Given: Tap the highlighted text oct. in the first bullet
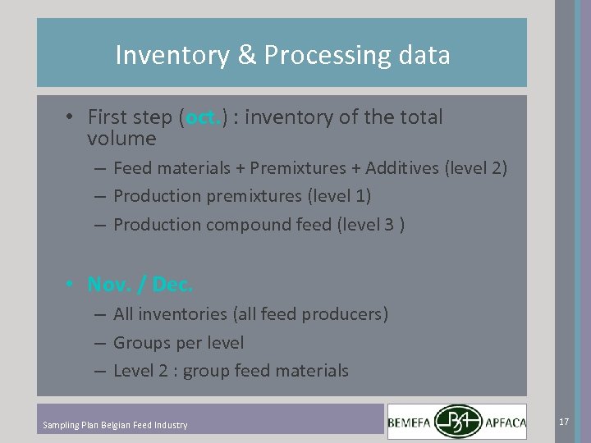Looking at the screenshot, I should (x=203, y=117).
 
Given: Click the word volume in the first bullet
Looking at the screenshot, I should (x=121, y=139).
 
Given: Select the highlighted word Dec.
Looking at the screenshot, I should (x=172, y=285).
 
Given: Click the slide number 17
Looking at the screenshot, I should (x=564, y=421).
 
